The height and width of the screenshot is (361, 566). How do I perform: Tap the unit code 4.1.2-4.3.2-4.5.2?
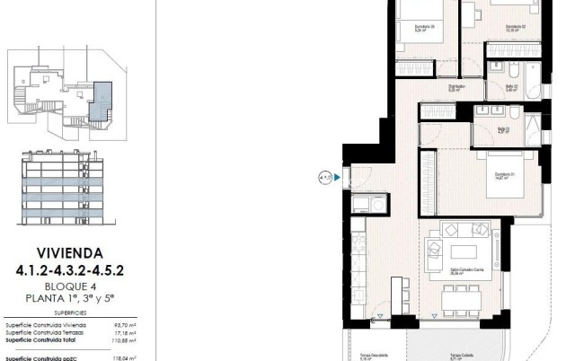point(77,269)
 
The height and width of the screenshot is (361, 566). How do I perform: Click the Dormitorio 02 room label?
point(515,26)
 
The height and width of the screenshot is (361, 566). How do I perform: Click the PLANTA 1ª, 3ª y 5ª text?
point(77,297)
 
